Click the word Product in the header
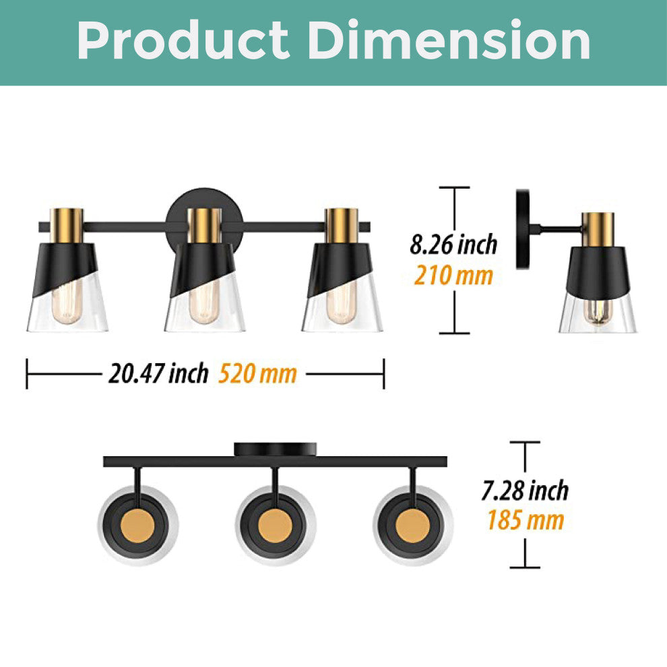pyautogui.click(x=183, y=40)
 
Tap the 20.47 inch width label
pyautogui.click(x=158, y=373)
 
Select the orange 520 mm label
pyautogui.click(x=257, y=373)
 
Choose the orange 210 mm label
pyautogui.click(x=453, y=276)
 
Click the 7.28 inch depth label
pyautogui.click(x=525, y=490)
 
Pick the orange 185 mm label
pyautogui.click(x=526, y=520)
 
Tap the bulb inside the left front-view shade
pyautogui.click(x=67, y=303)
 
